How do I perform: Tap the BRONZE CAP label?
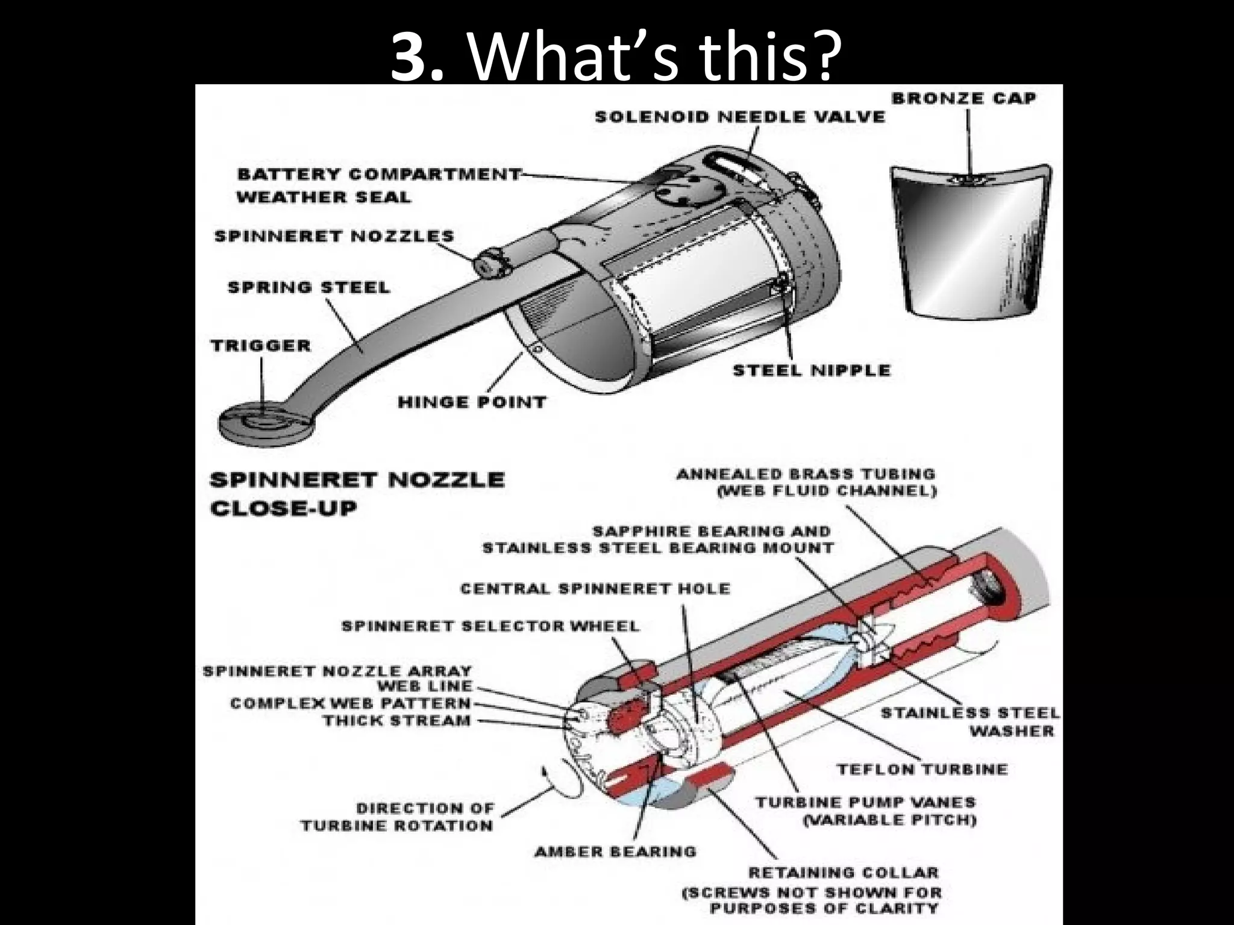pyautogui.click(x=963, y=98)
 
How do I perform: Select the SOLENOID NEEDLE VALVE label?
pyautogui.click(x=739, y=117)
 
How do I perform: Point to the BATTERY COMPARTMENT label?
pyautogui.click(x=378, y=175)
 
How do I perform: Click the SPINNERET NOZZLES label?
pyautogui.click(x=334, y=236)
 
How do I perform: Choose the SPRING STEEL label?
pyautogui.click(x=308, y=288)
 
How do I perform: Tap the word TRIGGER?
pyautogui.click(x=261, y=346)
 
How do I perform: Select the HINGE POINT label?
pyautogui.click(x=472, y=402)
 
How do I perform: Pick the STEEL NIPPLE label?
pyautogui.click(x=811, y=370)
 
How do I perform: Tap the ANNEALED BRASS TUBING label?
pyautogui.click(x=806, y=475)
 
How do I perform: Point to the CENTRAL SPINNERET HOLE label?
pyautogui.click(x=594, y=588)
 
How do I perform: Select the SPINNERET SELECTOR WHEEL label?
pyautogui.click(x=490, y=626)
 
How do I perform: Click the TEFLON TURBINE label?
pyautogui.click(x=922, y=769)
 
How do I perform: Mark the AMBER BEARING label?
pyautogui.click(x=615, y=852)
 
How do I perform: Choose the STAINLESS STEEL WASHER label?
pyautogui.click(x=969, y=722)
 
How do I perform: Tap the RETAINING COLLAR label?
pyautogui.click(x=843, y=873)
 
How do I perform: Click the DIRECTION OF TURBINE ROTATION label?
pyautogui.click(x=397, y=817)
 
